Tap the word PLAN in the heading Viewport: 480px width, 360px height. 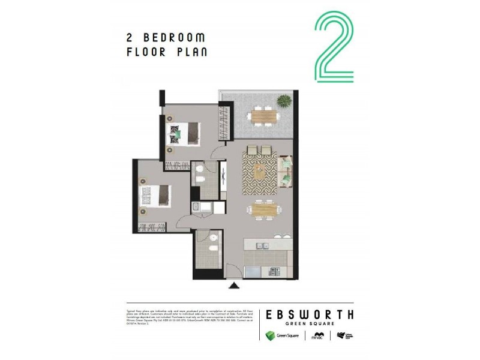(189, 52)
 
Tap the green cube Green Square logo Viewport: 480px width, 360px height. (271, 335)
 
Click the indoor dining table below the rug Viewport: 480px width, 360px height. (262, 209)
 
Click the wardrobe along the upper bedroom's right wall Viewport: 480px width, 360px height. (226, 123)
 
